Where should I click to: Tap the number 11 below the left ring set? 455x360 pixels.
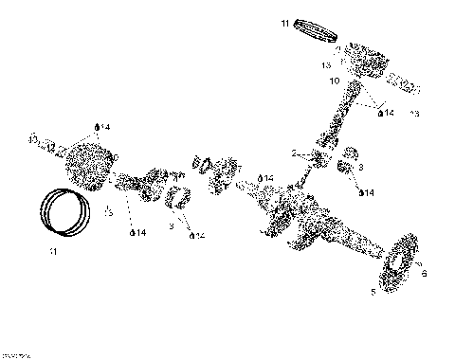click(x=52, y=252)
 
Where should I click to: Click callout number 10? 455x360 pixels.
click(x=333, y=81)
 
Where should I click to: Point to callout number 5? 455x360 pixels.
click(x=373, y=292)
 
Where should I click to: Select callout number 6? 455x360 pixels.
click(x=423, y=273)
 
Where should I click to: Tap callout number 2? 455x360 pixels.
click(x=294, y=152)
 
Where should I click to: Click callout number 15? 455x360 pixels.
click(x=108, y=213)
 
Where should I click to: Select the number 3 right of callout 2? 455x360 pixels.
click(x=360, y=167)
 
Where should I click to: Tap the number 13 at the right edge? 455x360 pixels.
click(x=413, y=115)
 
